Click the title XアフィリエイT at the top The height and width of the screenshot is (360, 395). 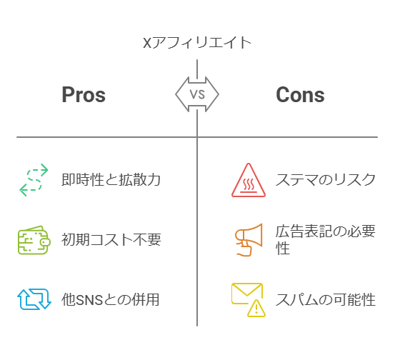click(197, 43)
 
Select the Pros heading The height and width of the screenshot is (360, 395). click(84, 95)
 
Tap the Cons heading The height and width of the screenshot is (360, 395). click(300, 95)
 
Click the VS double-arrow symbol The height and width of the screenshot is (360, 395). click(197, 94)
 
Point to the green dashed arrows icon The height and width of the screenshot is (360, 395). click(34, 179)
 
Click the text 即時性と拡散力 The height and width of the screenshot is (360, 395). click(111, 179)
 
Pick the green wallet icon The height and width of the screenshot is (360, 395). click(34, 240)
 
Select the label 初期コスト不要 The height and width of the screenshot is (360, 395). click(111, 239)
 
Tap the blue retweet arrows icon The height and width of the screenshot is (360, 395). click(34, 299)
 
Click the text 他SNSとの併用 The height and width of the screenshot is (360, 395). click(110, 299)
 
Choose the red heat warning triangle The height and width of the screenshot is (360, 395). click(249, 180)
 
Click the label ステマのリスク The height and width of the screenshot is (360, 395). click(326, 179)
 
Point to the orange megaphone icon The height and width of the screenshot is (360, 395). click(249, 240)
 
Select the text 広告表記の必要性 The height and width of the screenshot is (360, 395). click(326, 239)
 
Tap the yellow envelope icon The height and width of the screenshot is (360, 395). click(247, 294)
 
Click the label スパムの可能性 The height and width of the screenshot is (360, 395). click(326, 299)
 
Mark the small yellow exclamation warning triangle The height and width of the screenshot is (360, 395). click(256, 308)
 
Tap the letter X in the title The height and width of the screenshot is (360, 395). click(147, 43)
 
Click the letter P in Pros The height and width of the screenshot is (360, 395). click(68, 94)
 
